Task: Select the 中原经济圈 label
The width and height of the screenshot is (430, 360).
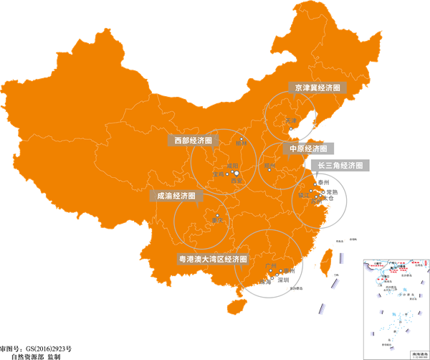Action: [308, 149]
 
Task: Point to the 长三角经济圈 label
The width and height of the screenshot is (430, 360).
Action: [341, 166]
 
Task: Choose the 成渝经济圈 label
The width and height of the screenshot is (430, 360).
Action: [176, 195]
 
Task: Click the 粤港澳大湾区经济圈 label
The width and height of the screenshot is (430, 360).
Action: [211, 259]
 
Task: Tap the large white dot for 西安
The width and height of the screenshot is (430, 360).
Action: [236, 173]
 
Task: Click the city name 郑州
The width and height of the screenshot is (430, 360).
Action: [270, 165]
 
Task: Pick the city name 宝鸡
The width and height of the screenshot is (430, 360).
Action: [217, 174]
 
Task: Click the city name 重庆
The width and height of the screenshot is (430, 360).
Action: [218, 220]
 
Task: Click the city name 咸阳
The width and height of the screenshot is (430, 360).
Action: [231, 166]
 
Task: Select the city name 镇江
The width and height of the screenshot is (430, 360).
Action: [303, 194]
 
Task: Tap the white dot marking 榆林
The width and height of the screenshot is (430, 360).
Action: [242, 138]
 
